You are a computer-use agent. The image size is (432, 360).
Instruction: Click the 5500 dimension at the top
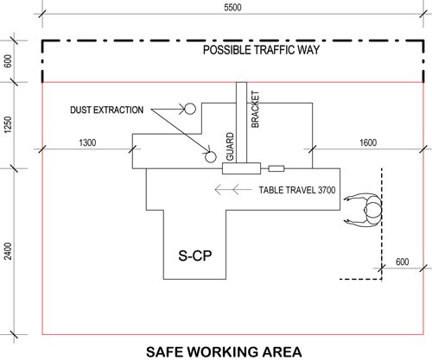click(x=232, y=7)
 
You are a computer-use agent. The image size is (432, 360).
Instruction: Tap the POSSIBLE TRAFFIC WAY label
click(x=261, y=50)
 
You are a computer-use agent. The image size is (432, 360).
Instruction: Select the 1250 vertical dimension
click(x=9, y=124)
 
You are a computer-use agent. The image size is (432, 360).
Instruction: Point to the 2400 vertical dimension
click(x=9, y=251)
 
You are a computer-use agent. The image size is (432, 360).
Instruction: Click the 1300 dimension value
click(x=87, y=142)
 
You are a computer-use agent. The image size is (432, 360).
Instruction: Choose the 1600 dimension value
click(x=368, y=142)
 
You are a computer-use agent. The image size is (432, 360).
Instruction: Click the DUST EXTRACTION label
click(x=107, y=110)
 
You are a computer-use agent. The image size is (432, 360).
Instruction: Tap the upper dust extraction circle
click(x=190, y=109)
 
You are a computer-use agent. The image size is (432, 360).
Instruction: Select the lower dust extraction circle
click(x=211, y=157)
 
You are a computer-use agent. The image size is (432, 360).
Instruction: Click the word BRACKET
click(x=255, y=109)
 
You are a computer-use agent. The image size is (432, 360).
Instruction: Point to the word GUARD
click(x=230, y=147)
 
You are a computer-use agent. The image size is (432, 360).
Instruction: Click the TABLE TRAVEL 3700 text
click(x=297, y=190)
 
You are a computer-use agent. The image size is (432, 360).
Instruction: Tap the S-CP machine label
click(x=195, y=256)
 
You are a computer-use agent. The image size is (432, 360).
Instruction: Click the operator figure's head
click(x=372, y=210)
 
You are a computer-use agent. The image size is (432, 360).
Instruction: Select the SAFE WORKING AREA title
click(x=224, y=352)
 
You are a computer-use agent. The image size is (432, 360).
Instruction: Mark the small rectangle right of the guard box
click(x=276, y=169)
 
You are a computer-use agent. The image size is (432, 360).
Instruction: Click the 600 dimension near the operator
click(x=402, y=262)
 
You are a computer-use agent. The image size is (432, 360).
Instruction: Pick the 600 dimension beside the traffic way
click(x=9, y=61)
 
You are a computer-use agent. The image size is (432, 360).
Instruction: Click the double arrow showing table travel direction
click(x=233, y=190)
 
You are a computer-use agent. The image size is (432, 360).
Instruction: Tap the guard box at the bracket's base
click(x=242, y=168)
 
